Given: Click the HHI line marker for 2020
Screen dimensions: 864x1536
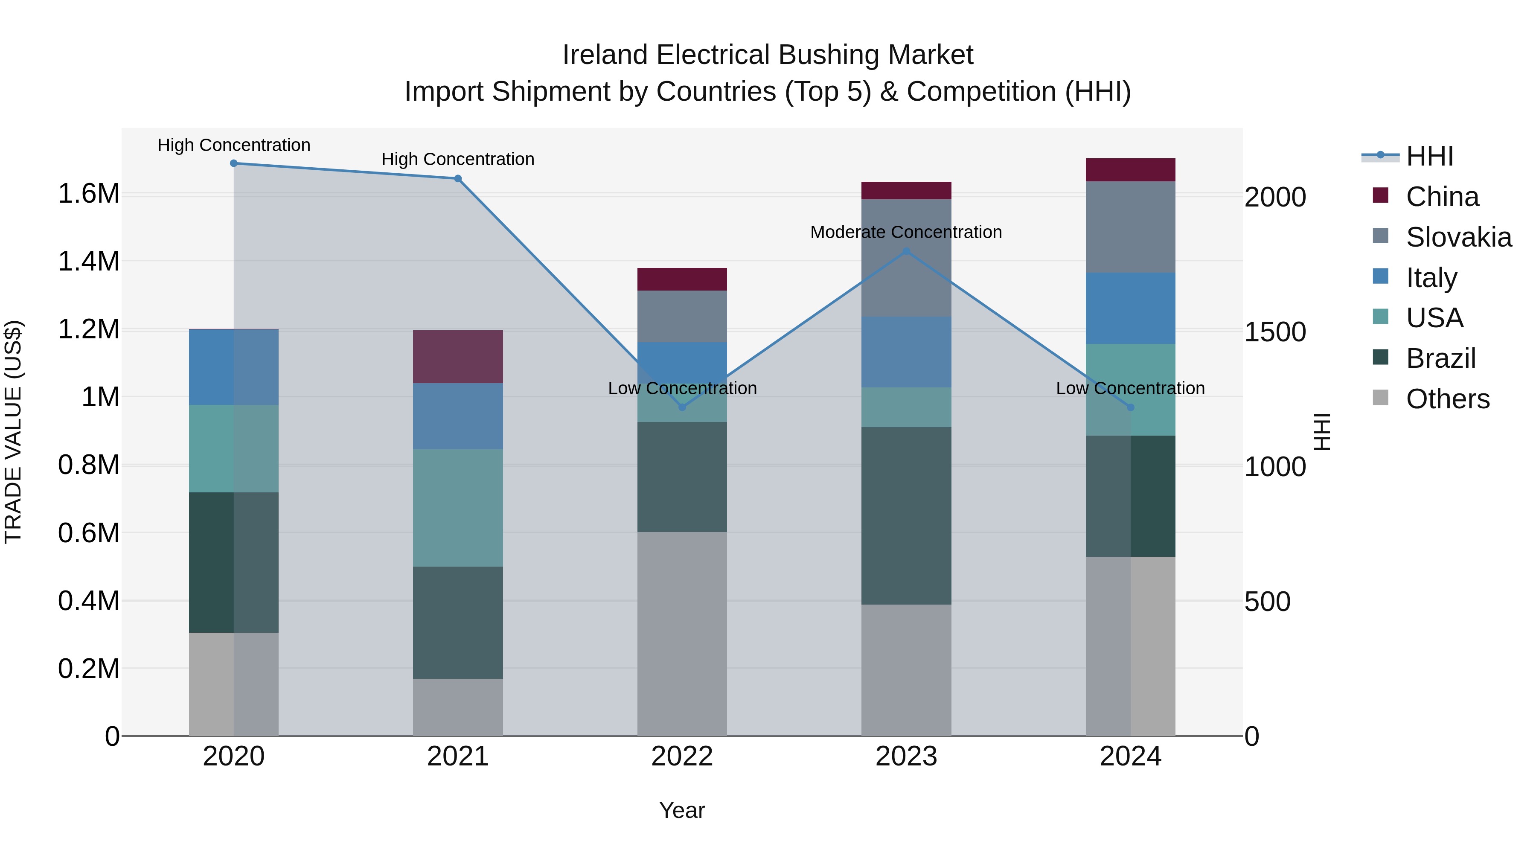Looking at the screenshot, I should pos(234,163).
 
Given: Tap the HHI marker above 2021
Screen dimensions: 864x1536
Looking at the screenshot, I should pos(458,178).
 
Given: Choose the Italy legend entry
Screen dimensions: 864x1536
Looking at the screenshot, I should pos(1431,278).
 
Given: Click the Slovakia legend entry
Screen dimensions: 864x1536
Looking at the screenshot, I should pos(1458,237).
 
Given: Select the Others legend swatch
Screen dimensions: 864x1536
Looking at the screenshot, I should pos(1380,398).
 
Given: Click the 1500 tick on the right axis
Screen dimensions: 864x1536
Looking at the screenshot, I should pos(1275,332).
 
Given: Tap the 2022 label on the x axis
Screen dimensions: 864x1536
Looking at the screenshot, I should pos(682,756).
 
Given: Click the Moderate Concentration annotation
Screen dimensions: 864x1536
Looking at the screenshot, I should pos(906,233).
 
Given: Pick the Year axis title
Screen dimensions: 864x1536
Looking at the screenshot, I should pos(682,810).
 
